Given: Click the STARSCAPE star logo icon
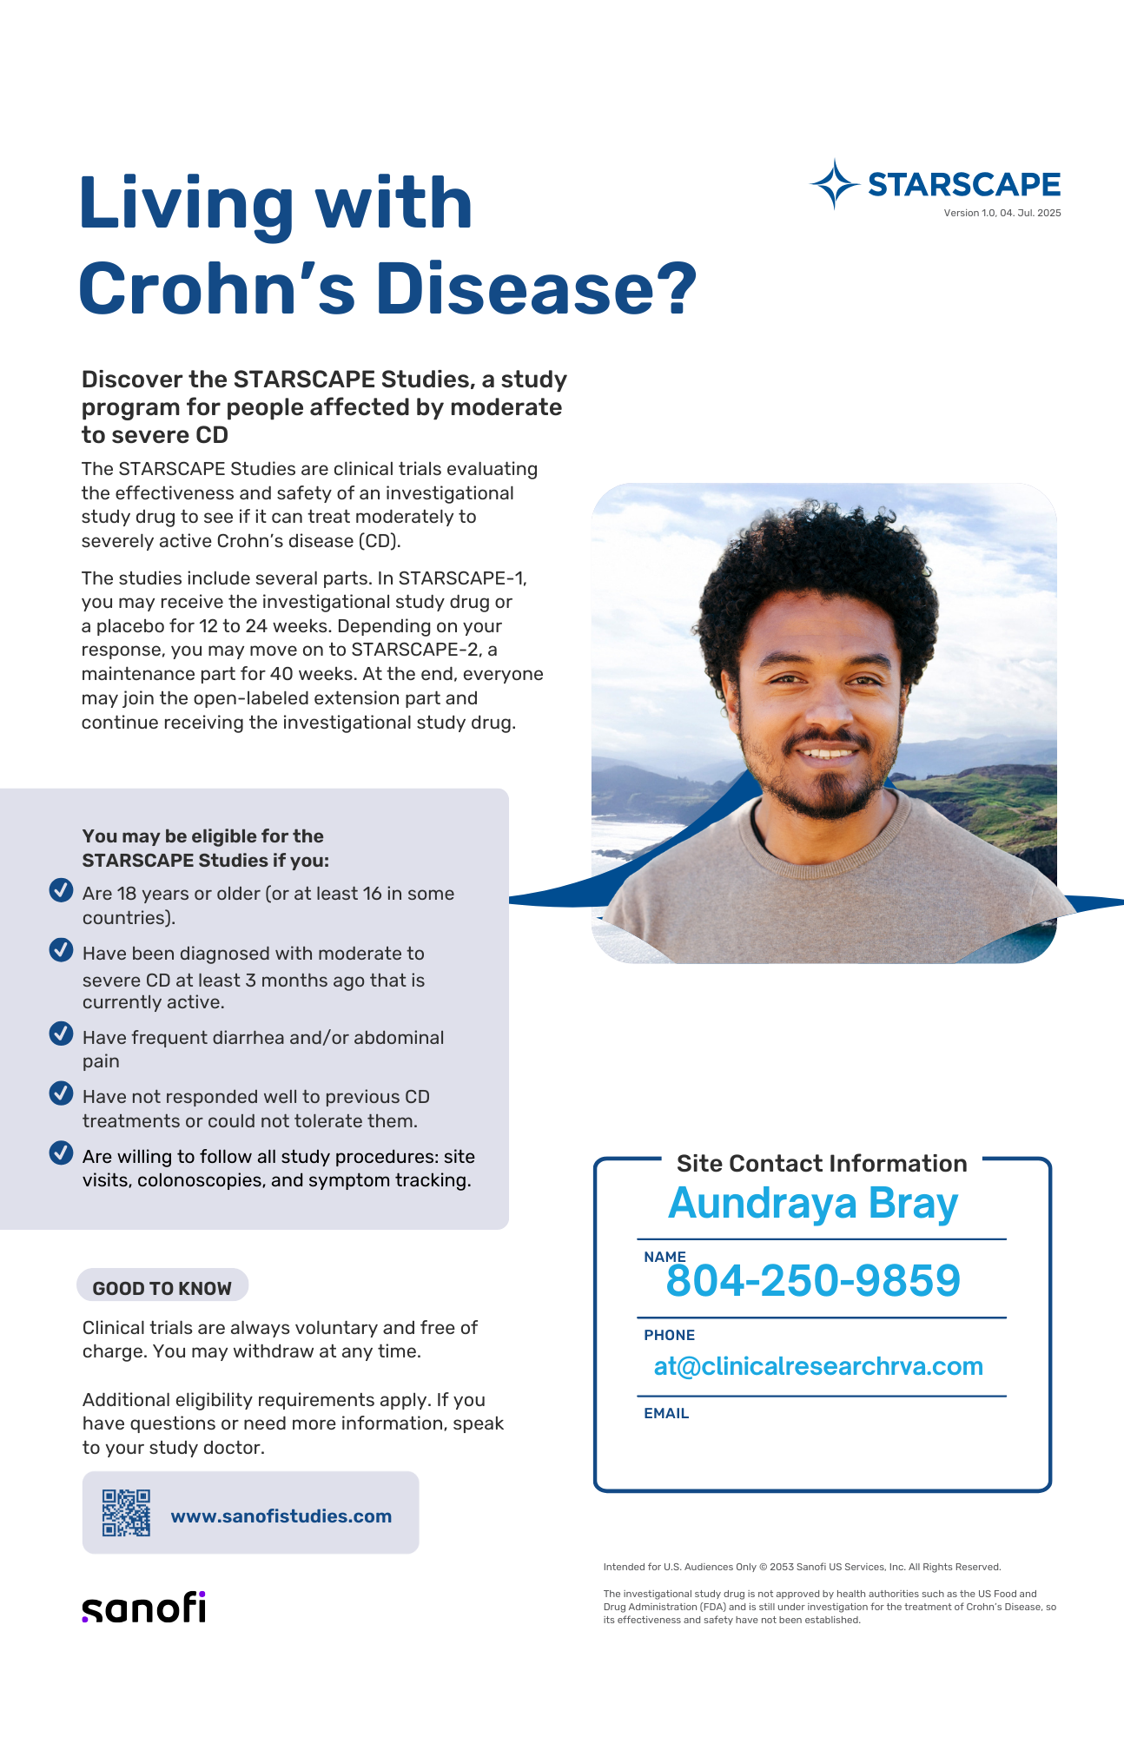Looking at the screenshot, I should [835, 184].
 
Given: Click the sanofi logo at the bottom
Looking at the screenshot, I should [144, 1608].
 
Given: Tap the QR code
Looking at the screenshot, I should [126, 1513].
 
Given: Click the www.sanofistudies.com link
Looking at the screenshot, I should [281, 1516].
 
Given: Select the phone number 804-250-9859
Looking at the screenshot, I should [813, 1280].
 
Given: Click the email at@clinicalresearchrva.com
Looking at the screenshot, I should [818, 1366].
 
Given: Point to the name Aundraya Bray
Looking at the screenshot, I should [813, 1204].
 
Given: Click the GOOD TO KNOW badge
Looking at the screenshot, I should [162, 1287].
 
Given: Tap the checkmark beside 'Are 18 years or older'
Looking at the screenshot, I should [61, 890].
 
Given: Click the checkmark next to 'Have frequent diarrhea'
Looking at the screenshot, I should [61, 1034].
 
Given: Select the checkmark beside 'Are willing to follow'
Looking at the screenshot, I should [61, 1152].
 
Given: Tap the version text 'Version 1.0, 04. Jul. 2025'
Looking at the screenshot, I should [1002, 213].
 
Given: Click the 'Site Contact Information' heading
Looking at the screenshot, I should [822, 1163].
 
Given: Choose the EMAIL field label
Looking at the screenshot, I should [666, 1413].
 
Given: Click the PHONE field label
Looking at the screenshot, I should [669, 1335].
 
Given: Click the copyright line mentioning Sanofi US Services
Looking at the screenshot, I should [802, 1567].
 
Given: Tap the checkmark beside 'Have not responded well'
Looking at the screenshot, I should [61, 1093].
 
